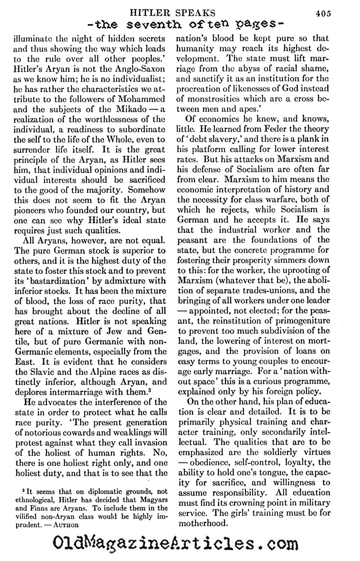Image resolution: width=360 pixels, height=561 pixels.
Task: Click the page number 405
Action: (x=324, y=13)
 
